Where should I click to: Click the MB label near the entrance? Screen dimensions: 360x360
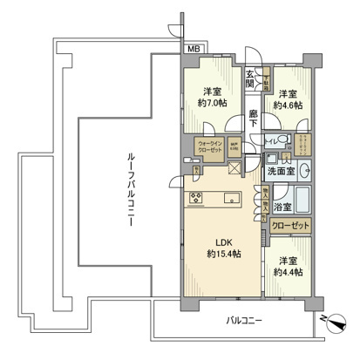[x=191, y=49]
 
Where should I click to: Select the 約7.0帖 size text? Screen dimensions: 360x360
[x=212, y=100]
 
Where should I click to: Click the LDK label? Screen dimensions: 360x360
[x=214, y=243]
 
